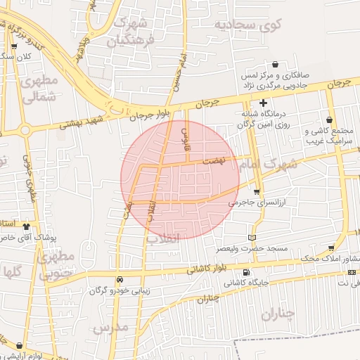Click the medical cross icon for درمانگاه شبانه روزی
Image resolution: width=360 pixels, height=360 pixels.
tap(263, 103)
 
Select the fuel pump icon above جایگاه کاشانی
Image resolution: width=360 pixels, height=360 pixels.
tap(245, 273)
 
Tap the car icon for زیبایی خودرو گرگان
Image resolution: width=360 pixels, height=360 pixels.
tap(120, 279)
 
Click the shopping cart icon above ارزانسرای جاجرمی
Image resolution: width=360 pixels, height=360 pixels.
tap(257, 191)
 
